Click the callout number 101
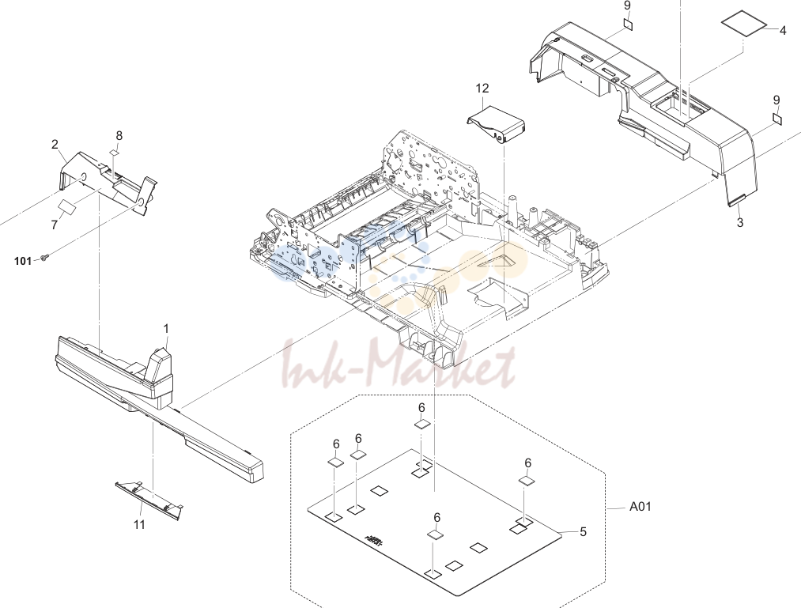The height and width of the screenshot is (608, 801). [x=22, y=261]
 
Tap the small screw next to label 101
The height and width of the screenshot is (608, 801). [x=45, y=259]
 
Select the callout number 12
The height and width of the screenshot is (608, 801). [x=482, y=89]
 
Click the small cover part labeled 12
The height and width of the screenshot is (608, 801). [x=497, y=124]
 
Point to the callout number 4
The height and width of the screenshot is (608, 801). [x=783, y=31]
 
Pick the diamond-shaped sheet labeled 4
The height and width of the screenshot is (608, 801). [x=744, y=26]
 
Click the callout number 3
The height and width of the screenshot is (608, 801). [x=739, y=223]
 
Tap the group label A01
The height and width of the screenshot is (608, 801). [x=640, y=506]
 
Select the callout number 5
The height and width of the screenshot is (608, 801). [x=583, y=532]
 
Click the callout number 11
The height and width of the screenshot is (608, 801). [x=139, y=525]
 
